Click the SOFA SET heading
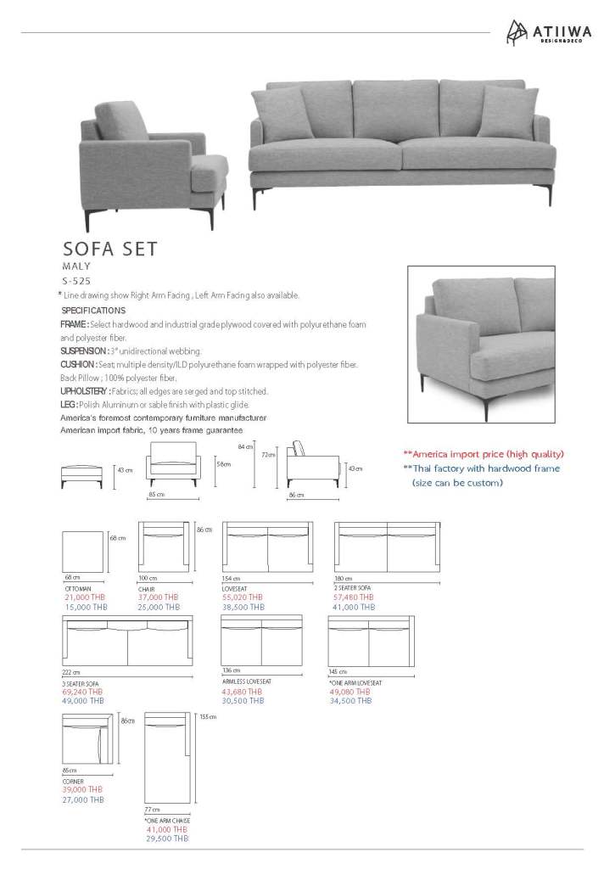point(109,249)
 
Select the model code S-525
point(75,280)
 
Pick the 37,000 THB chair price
point(158,597)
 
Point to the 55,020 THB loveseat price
point(242,597)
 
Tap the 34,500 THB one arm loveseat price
point(349,701)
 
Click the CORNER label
point(73,781)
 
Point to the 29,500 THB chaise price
point(166,838)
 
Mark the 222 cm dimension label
point(72,672)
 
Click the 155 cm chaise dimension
point(209,717)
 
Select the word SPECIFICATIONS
point(93,311)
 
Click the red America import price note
point(483,454)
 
